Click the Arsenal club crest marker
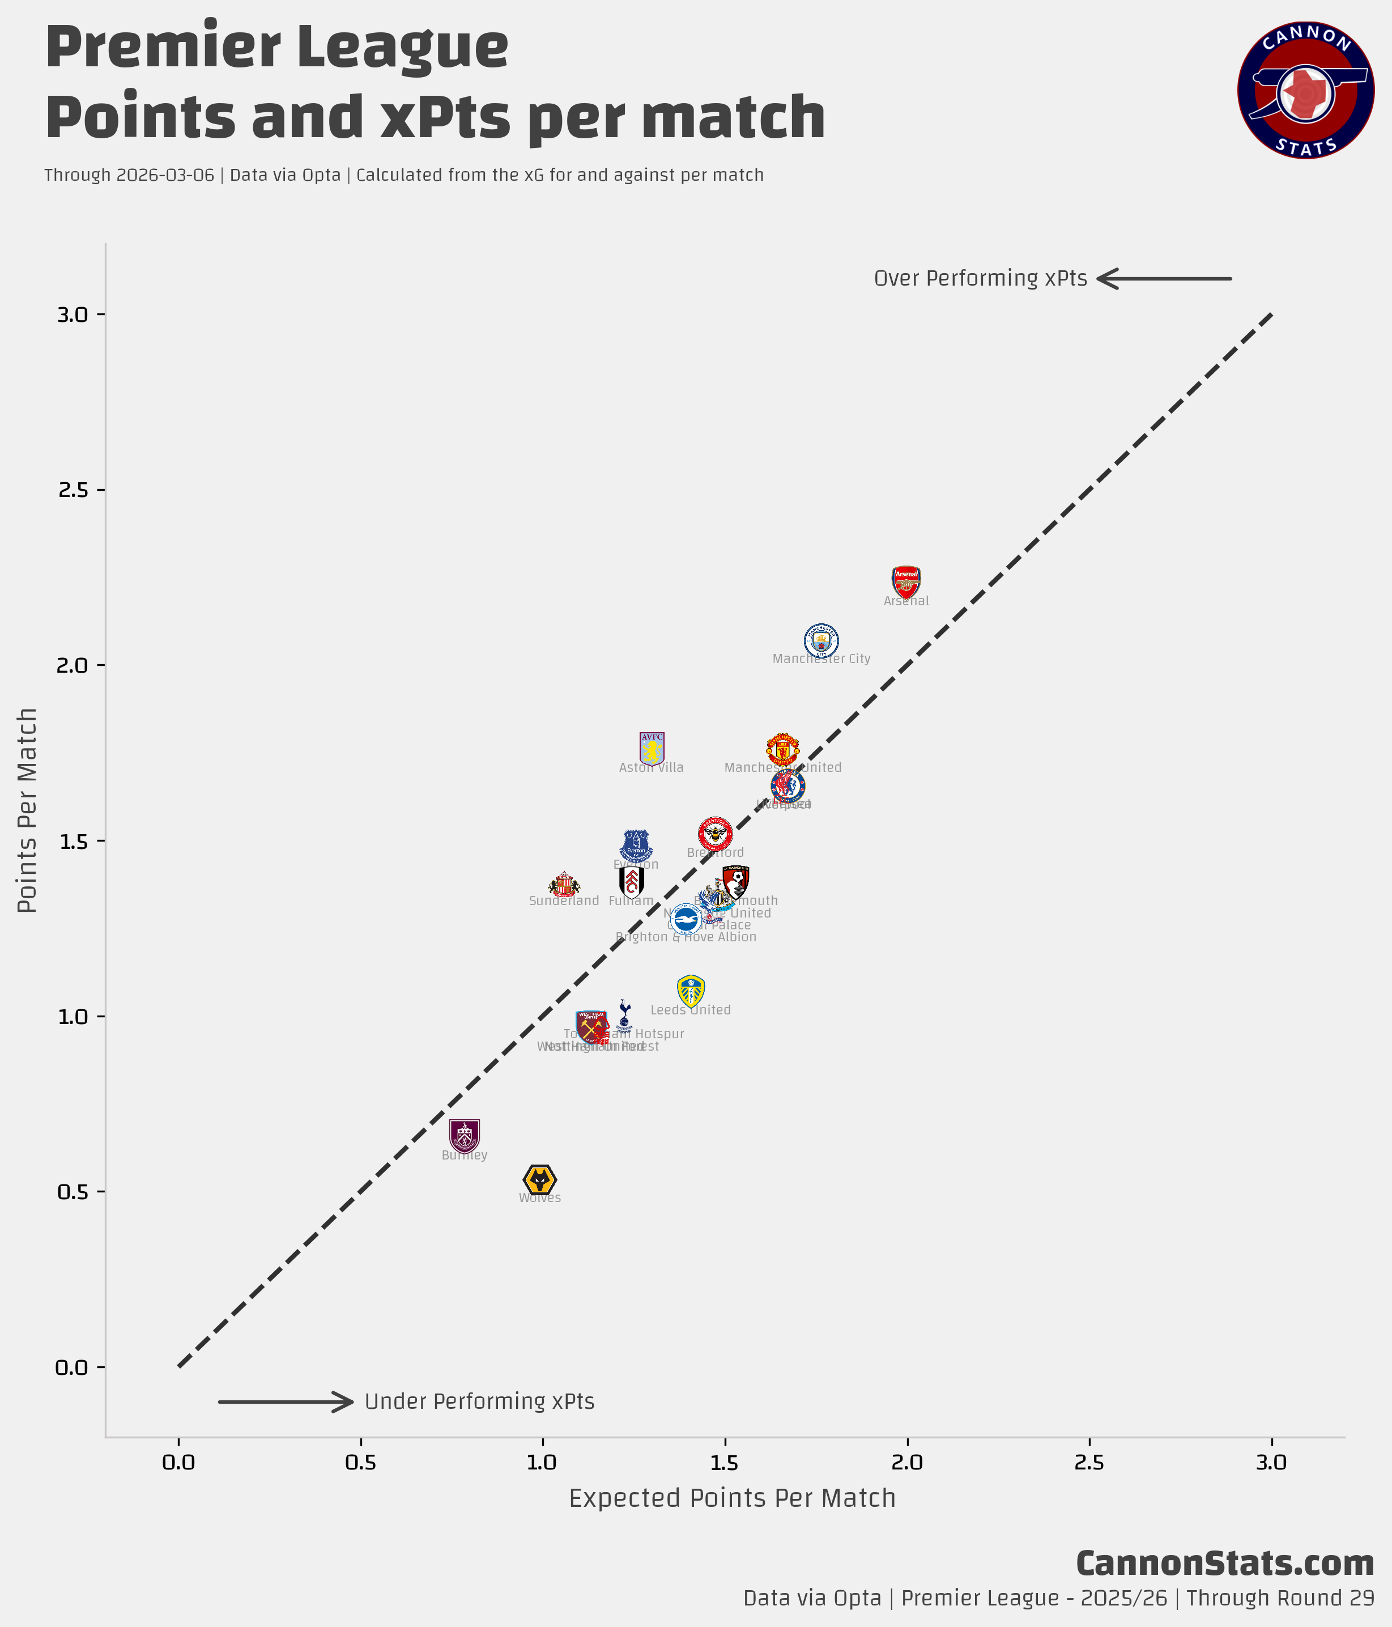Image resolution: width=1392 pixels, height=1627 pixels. pyautogui.click(x=906, y=583)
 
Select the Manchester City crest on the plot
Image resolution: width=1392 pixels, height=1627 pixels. pyautogui.click(x=821, y=641)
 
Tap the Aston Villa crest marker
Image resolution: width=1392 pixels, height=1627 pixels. pyautogui.click(x=652, y=748)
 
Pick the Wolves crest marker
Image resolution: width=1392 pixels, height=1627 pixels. pyautogui.click(x=539, y=1179)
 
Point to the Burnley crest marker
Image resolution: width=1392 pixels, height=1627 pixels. pyautogui.click(x=464, y=1136)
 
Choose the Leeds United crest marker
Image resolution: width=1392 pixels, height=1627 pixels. pyautogui.click(x=691, y=991)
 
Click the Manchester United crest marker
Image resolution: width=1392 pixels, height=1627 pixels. pyautogui.click(x=783, y=749)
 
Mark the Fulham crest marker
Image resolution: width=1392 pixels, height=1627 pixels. pyautogui.click(x=631, y=882)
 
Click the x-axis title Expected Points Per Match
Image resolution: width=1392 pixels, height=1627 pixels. pyautogui.click(x=732, y=1498)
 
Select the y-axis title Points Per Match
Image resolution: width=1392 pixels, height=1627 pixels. pyautogui.click(x=28, y=810)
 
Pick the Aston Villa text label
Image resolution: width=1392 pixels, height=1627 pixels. pyautogui.click(x=651, y=768)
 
